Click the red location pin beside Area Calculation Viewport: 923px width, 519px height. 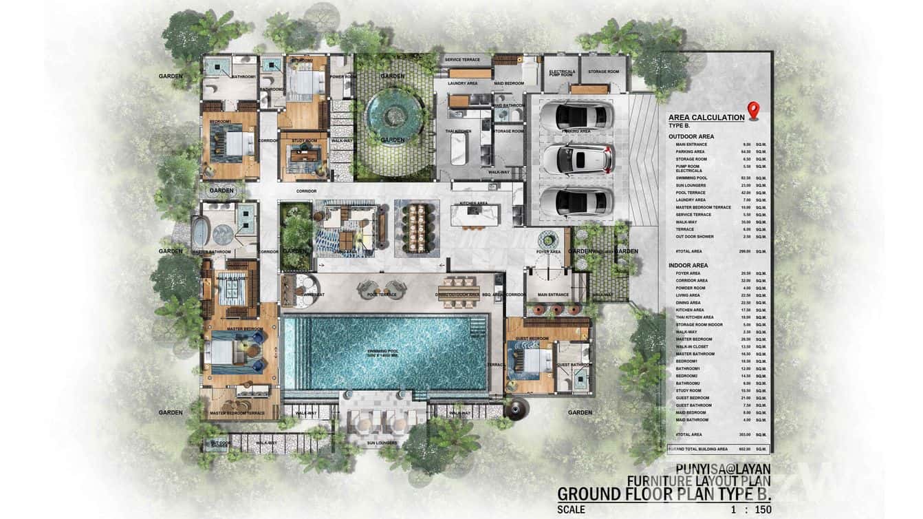pos(753,110)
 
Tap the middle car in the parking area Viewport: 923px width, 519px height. pos(576,159)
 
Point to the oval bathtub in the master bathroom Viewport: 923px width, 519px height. pos(199,231)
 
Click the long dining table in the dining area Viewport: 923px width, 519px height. pos(417,228)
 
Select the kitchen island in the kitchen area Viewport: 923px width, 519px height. pos(473,215)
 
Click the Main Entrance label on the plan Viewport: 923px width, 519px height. pos(554,295)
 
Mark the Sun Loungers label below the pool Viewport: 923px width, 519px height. pos(381,443)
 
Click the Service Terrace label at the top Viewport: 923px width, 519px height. pos(462,60)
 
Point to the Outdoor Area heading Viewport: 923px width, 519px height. pos(691,136)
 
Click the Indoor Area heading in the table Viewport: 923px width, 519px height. pos(688,265)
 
